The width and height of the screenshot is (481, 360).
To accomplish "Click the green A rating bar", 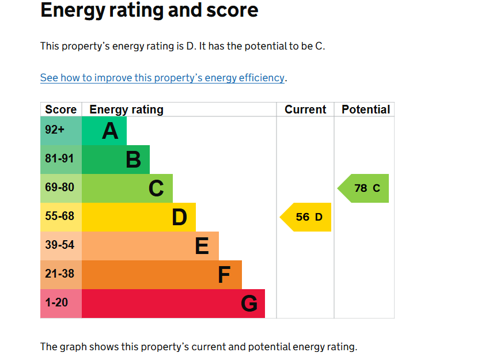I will coord(104,131).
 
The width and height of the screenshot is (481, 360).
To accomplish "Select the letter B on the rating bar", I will coord(133,160).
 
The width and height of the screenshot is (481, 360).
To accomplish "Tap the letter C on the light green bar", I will coord(156,188).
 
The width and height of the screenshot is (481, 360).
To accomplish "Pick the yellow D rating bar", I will coord(139,217).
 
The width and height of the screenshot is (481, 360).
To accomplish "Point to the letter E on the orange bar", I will coord(202,246).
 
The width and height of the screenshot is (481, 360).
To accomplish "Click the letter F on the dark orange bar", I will coord(224,275).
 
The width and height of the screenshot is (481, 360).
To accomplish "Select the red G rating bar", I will coord(173,304).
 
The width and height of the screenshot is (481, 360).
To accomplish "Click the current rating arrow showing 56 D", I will coord(306,217).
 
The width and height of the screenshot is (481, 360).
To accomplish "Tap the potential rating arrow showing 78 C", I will coord(363,188).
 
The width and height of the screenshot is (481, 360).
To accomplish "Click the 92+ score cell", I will coord(61,131).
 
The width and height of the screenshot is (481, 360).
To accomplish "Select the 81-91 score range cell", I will coord(61,160).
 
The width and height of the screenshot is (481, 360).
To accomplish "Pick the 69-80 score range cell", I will coord(61,188).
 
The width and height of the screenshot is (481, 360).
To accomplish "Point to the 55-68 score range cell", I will coord(61,217).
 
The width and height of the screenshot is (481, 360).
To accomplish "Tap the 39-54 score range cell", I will coord(61,246).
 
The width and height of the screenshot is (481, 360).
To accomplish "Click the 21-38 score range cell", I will coord(61,275).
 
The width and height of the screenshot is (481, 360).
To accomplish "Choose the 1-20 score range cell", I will coord(61,304).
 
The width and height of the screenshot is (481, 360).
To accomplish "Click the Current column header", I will coord(305,109).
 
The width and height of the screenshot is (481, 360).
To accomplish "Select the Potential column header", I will coord(366,109).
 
